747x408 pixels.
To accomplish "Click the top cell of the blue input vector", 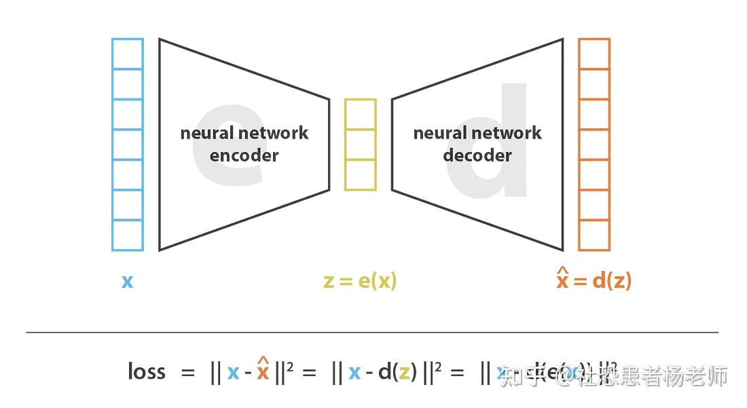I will [128, 54].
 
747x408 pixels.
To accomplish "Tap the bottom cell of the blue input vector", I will [128, 236].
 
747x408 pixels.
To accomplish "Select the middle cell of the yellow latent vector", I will [360, 145].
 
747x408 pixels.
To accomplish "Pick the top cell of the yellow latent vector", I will [360, 114].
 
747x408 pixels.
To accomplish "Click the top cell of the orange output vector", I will [594, 54].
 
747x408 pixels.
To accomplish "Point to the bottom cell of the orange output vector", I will [594, 236].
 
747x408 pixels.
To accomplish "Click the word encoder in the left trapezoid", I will [244, 155].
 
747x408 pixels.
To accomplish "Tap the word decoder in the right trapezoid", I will [477, 155].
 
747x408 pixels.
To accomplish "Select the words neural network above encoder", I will [244, 133].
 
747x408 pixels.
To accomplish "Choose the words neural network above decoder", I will [477, 133].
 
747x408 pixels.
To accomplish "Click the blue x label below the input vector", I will [127, 281].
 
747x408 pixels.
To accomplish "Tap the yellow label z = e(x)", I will [360, 280].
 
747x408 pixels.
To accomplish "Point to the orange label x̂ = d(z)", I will [594, 279].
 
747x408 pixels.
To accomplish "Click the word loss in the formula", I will [146, 371].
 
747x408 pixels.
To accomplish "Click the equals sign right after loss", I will [188, 373].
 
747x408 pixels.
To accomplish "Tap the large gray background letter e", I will [227, 146].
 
